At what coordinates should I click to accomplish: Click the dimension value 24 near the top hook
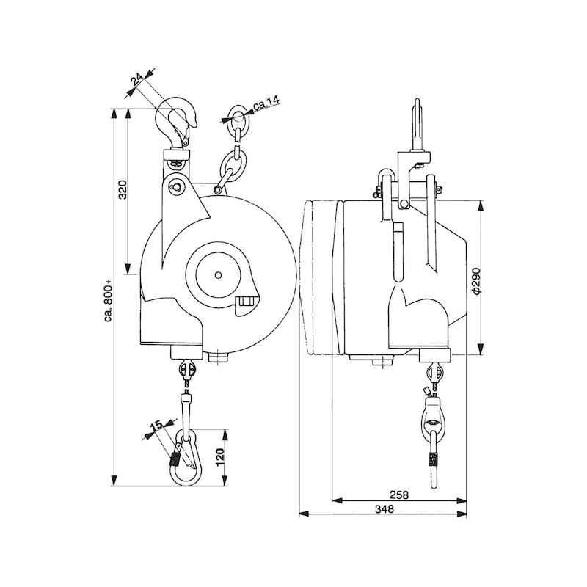pos(137,79)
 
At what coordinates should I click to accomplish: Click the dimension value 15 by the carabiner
pos(154,426)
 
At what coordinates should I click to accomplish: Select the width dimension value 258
pos(399,494)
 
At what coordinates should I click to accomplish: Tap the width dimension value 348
pos(383,508)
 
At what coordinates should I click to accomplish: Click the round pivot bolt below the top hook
pos(177,188)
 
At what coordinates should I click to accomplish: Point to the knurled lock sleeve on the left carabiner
pos(176,461)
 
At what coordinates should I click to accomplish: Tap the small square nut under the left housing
pos(217,357)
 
